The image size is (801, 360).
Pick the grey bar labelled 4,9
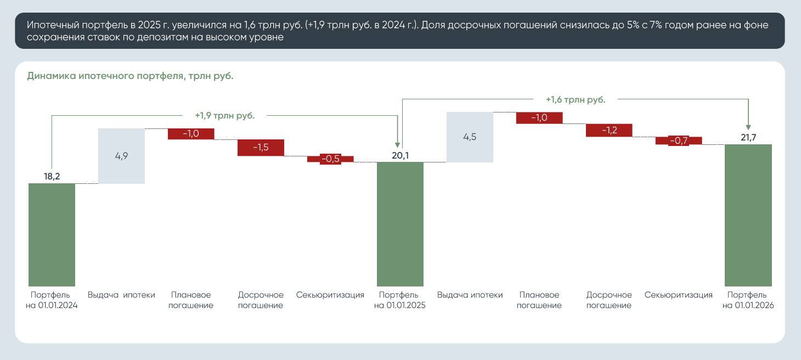coord(121,156)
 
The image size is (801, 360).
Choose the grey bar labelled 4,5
coord(470,137)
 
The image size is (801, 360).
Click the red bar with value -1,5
coord(261,148)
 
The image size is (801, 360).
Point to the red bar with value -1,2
coord(609,130)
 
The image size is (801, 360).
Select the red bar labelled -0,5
coord(330,159)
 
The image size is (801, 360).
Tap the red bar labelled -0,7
coord(679,140)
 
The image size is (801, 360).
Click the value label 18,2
coord(52,176)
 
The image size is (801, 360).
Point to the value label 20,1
coord(400,155)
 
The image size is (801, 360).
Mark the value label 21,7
coord(748,137)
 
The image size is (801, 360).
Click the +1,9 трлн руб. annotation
coord(224,116)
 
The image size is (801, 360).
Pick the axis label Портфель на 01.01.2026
coord(748,300)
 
